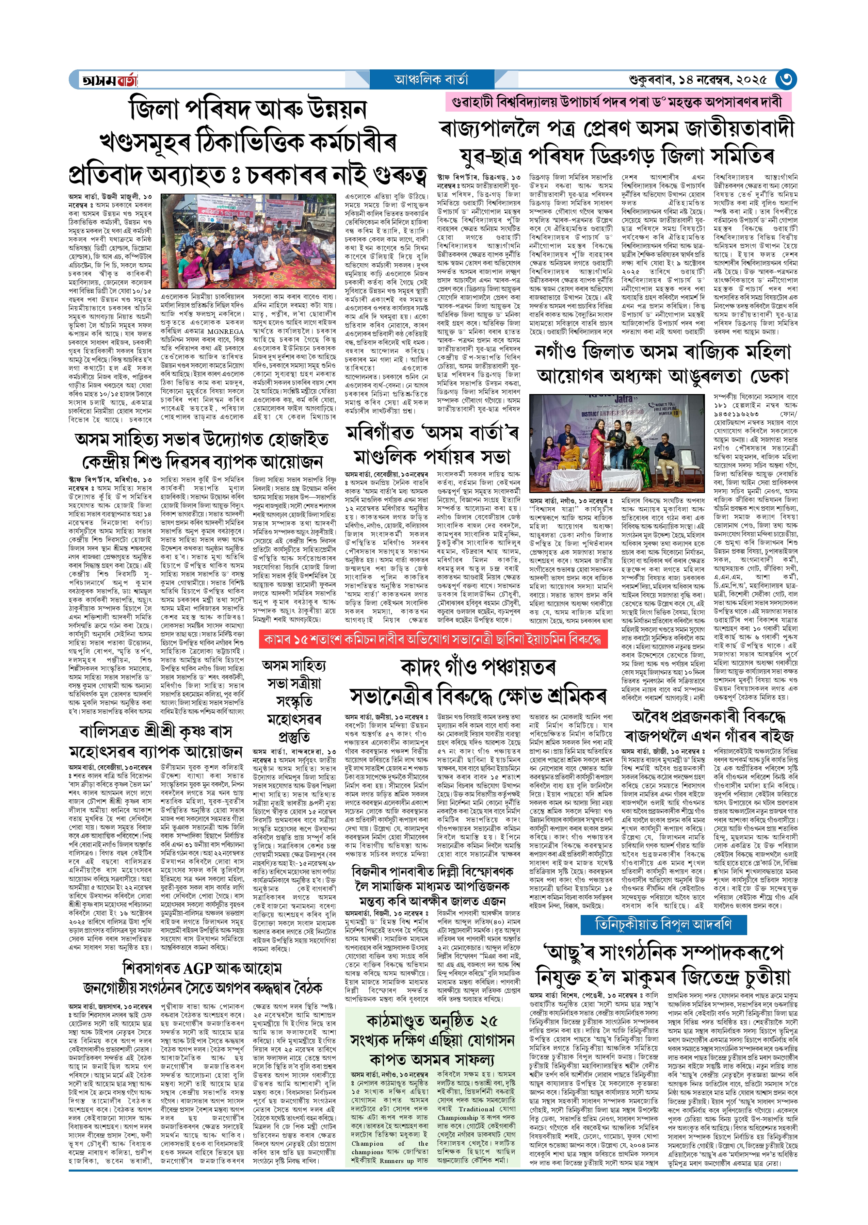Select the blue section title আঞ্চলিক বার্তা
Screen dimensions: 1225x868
click(x=431, y=80)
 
